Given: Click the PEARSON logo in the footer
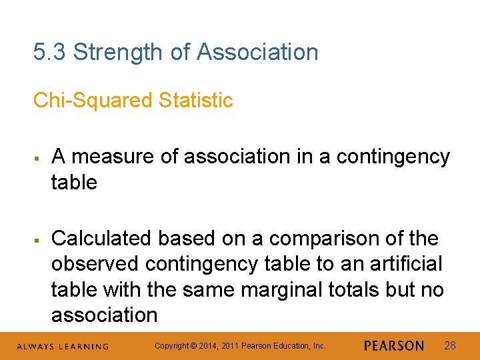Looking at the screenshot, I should (394, 346).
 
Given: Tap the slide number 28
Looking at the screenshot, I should (450, 346).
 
